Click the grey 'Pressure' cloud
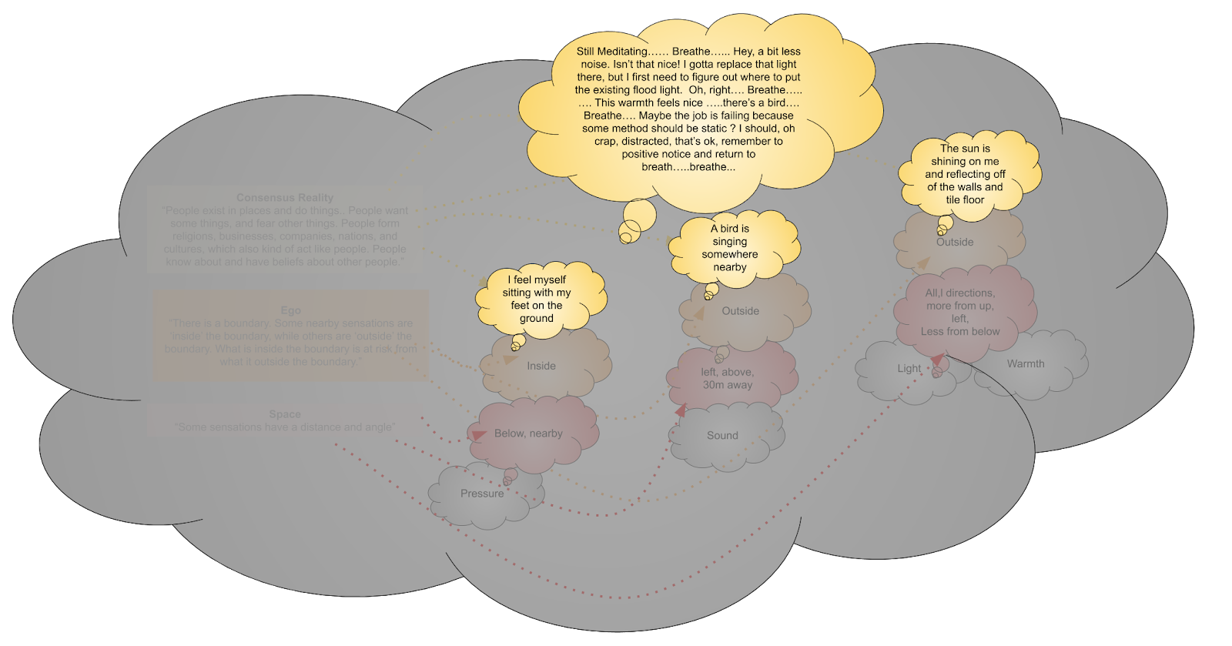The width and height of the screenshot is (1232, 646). coord(483,494)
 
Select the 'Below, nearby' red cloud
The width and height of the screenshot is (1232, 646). coord(529,433)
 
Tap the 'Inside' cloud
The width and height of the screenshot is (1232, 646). coord(541,366)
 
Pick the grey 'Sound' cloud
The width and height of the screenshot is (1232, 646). coord(722,435)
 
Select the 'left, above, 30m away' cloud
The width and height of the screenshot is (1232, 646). coord(728,378)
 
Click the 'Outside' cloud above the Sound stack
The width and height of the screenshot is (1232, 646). coord(741,311)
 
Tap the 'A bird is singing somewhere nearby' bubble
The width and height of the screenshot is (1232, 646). coord(730,248)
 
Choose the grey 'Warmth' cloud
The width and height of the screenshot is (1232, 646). coord(1026,363)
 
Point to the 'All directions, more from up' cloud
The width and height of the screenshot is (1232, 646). coord(960,312)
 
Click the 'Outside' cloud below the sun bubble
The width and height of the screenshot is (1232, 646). coord(955,242)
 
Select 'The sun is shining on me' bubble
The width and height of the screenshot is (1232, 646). coord(966,174)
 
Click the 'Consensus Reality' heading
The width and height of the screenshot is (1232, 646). coord(285,198)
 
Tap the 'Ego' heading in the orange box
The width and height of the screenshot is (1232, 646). coord(290,310)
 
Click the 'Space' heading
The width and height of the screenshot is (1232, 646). coord(285,414)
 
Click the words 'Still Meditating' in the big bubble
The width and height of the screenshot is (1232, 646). coord(612,52)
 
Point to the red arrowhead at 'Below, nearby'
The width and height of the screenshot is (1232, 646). coord(478,436)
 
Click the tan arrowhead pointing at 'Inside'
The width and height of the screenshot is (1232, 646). coord(510,359)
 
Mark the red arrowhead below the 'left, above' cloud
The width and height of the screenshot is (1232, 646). coord(681,410)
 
